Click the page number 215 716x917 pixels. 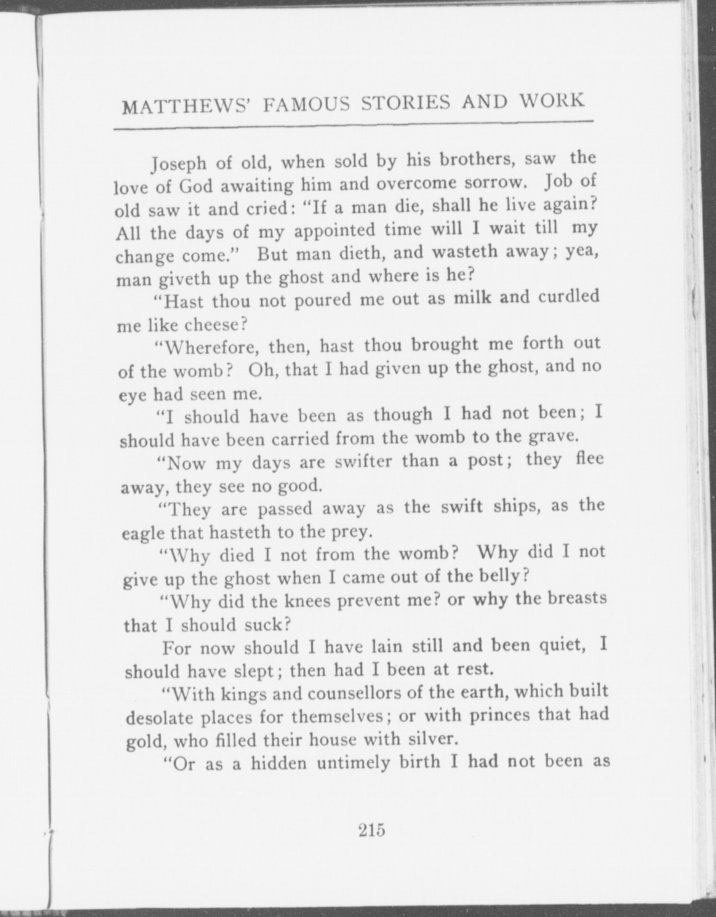[x=372, y=830]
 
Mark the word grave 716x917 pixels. [x=553, y=436]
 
